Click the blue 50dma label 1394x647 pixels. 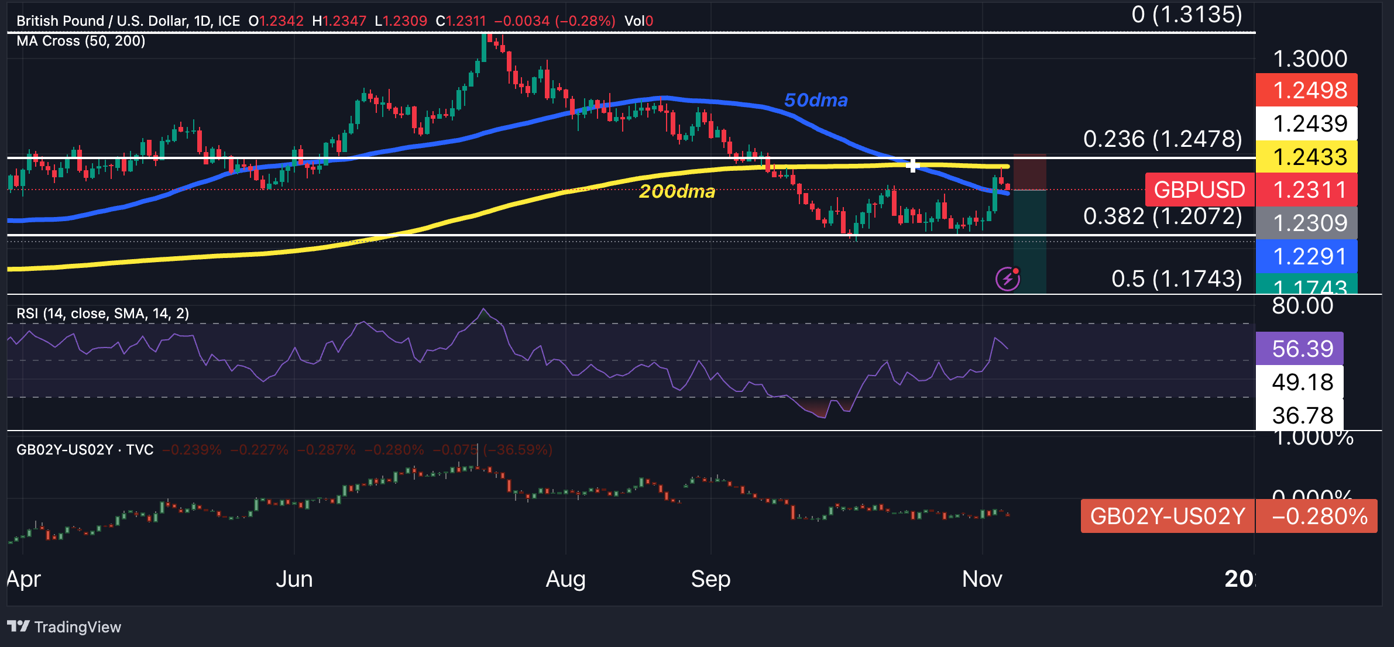click(x=815, y=100)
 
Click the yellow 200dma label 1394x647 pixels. click(x=677, y=191)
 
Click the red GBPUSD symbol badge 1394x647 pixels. click(x=1199, y=190)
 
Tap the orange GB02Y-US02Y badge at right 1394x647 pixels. click(x=1168, y=516)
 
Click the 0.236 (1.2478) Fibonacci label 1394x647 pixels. click(x=1162, y=139)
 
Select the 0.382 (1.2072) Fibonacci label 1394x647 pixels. click(x=1162, y=216)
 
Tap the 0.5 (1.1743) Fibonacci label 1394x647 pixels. click(x=1176, y=279)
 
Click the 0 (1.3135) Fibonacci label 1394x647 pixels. click(x=1187, y=15)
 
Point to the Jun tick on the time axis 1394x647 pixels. click(x=294, y=579)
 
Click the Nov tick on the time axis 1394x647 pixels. click(x=982, y=579)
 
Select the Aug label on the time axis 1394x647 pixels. click(x=565, y=579)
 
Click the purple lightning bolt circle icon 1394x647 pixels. click(x=1008, y=279)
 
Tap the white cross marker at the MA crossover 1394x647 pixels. click(x=912, y=166)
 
